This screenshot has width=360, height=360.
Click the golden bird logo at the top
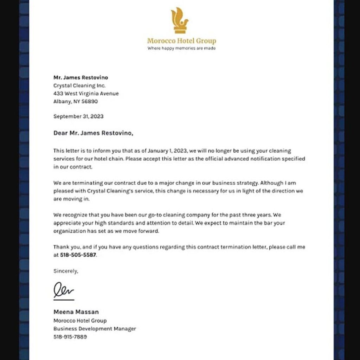180,20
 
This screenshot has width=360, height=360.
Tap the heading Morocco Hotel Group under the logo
181,41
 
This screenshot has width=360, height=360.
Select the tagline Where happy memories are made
181,48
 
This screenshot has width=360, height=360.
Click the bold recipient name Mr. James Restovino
81,77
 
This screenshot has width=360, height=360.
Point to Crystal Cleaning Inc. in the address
79,85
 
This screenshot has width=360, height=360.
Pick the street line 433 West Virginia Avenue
86,94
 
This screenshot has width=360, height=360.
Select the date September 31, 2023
78,116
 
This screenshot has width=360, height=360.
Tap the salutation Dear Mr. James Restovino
93,133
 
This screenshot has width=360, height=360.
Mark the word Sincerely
66,271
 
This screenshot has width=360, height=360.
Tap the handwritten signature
63,291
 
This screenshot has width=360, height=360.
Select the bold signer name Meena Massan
76,312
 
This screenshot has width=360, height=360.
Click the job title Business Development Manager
95,329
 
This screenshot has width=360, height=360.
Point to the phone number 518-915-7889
70,337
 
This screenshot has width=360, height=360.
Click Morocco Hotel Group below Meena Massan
80,321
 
